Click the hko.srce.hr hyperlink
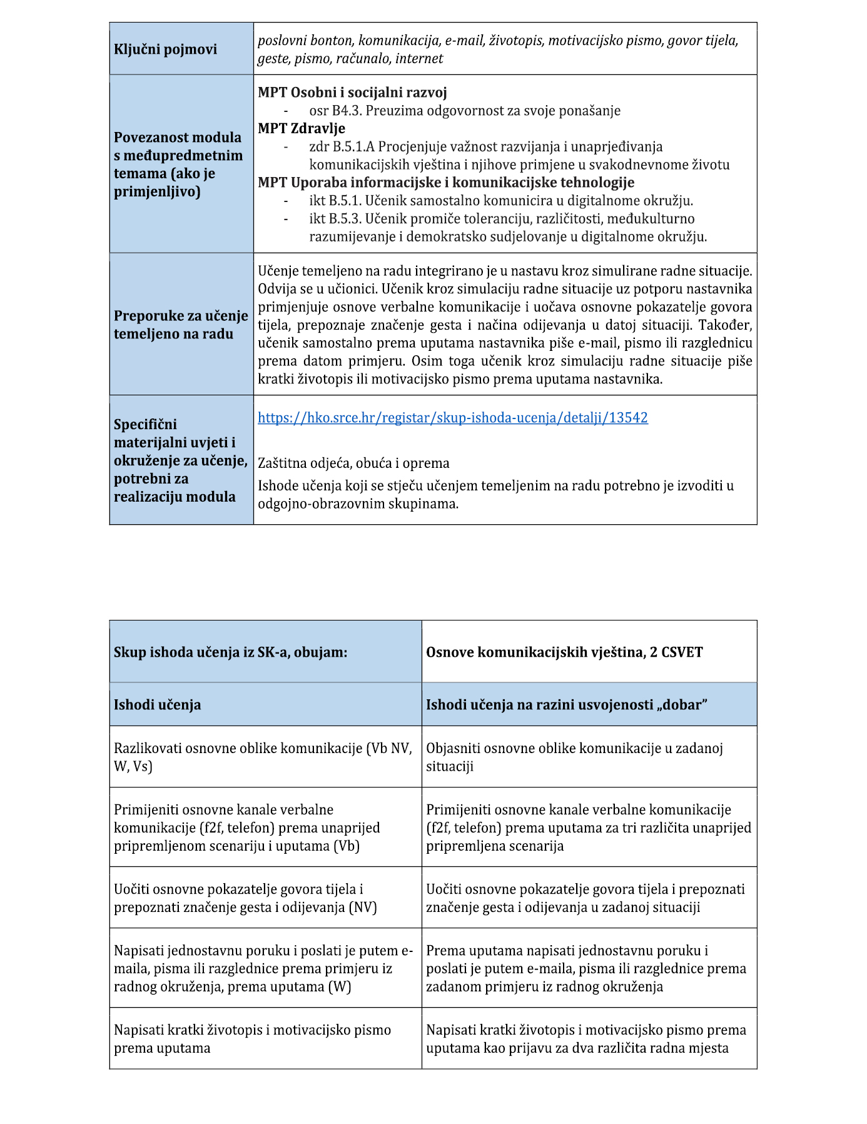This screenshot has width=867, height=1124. (x=452, y=418)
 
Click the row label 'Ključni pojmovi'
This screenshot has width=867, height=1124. (x=165, y=49)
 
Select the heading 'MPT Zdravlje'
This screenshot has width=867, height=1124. (x=302, y=128)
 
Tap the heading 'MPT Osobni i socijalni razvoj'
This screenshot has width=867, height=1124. (x=352, y=93)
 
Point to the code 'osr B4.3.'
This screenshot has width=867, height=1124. (x=335, y=111)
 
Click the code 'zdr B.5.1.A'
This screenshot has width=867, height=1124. (x=342, y=146)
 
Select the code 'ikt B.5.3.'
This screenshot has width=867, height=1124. (x=335, y=219)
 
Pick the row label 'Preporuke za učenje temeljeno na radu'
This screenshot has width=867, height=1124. (x=181, y=325)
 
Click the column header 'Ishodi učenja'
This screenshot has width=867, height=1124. (x=158, y=705)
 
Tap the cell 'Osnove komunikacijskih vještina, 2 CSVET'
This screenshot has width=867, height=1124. (x=564, y=652)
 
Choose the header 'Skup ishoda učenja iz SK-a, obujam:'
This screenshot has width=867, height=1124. (x=230, y=652)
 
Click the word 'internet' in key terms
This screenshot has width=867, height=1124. (x=419, y=59)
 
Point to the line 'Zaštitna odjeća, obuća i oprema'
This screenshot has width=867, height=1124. (x=353, y=463)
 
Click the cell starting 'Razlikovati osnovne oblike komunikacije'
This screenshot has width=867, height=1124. (x=263, y=757)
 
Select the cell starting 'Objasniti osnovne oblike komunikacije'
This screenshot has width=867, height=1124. (x=574, y=757)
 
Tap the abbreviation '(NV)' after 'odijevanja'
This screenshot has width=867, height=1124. (x=363, y=908)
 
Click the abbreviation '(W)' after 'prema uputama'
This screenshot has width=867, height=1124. (x=340, y=987)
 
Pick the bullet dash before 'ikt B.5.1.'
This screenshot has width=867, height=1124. (x=286, y=201)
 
